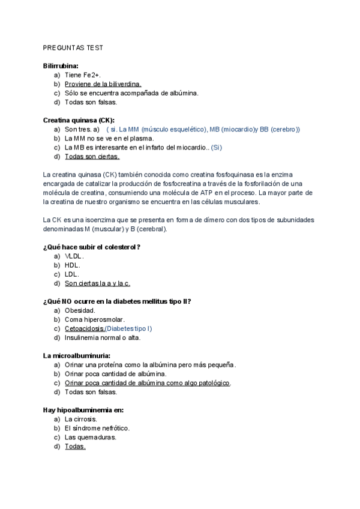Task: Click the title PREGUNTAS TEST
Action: (73, 48)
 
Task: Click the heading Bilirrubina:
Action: (61, 66)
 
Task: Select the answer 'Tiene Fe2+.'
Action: (83, 75)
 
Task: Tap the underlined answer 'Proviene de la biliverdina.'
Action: (103, 84)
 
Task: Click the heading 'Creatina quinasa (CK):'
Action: (79, 120)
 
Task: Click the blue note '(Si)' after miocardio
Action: (217, 147)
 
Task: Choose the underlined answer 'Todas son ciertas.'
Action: (92, 156)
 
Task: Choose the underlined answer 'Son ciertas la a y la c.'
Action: (97, 283)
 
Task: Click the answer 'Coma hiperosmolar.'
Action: (95, 319)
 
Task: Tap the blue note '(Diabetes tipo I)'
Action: (129, 328)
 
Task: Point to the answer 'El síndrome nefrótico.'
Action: (97, 428)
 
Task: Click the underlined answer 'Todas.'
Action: (75, 446)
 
